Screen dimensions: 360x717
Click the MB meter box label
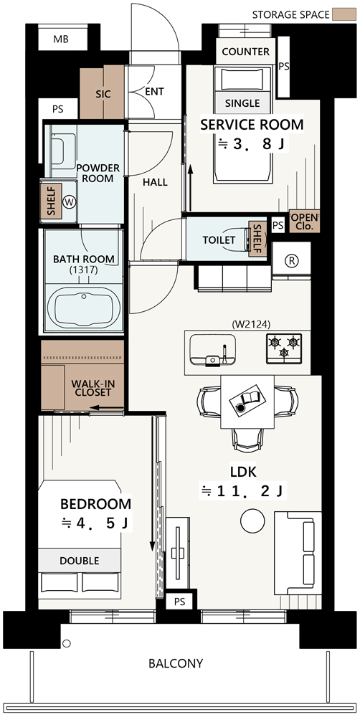click(x=61, y=39)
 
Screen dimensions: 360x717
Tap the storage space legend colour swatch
click(x=344, y=14)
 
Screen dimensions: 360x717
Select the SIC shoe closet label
click(x=103, y=94)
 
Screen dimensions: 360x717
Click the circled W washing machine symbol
click(x=70, y=201)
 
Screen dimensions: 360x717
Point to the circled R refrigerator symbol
click(x=291, y=261)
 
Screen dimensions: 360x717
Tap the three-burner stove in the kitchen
click(x=284, y=348)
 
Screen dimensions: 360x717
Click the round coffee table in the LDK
click(x=252, y=521)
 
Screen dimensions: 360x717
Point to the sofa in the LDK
click(x=298, y=553)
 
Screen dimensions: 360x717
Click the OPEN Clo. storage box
click(x=304, y=221)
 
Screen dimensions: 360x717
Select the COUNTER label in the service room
click(x=246, y=52)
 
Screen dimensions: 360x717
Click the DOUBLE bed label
click(x=79, y=561)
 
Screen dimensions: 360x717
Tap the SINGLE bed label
click(x=242, y=103)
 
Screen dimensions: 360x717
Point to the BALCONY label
click(x=176, y=663)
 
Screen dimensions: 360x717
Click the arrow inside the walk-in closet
click(x=107, y=407)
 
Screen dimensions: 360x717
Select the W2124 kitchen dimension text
click(x=251, y=324)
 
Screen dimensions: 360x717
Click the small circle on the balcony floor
click(x=66, y=644)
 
